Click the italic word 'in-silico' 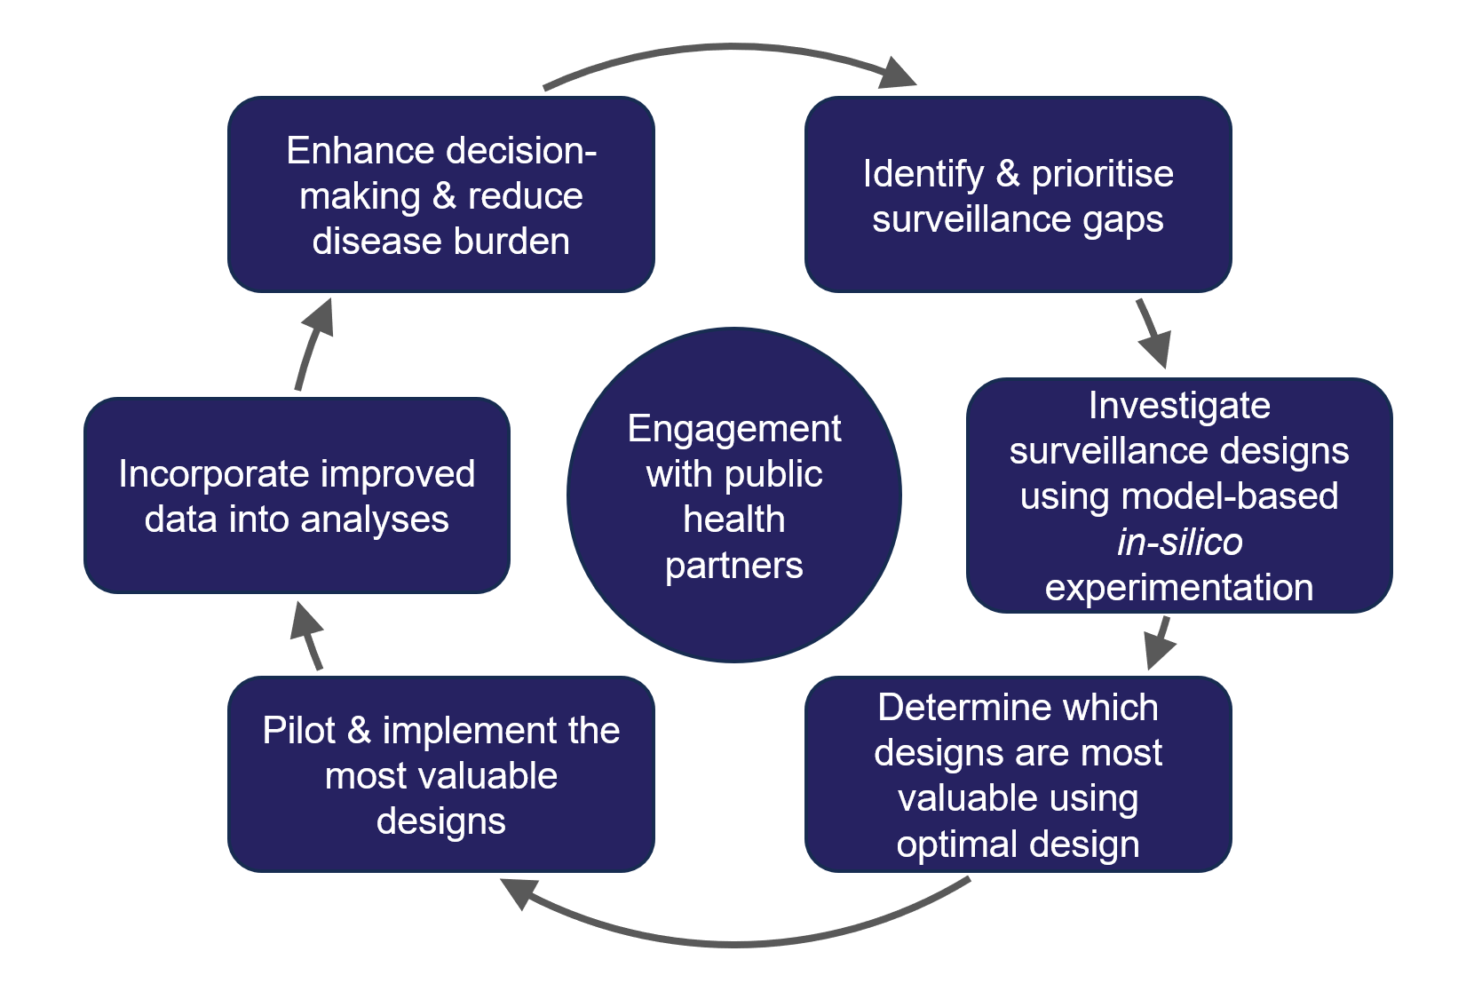point(1179,542)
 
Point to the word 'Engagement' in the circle point(733,429)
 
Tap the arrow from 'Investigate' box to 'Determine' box point(1160,642)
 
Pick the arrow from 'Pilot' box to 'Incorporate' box point(307,635)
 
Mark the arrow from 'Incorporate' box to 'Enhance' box point(311,346)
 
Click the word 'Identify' point(923,174)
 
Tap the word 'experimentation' point(1178,588)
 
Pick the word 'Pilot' point(298,731)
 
